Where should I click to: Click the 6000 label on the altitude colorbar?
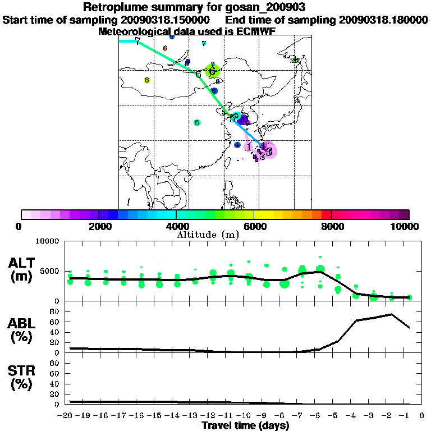click(x=254, y=227)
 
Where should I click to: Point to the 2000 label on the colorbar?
click(x=99, y=227)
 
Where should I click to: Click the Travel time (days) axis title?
click(x=245, y=426)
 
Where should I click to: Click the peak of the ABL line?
click(x=391, y=314)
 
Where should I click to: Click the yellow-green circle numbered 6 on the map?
click(x=212, y=71)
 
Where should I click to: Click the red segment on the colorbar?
click(x=326, y=214)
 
